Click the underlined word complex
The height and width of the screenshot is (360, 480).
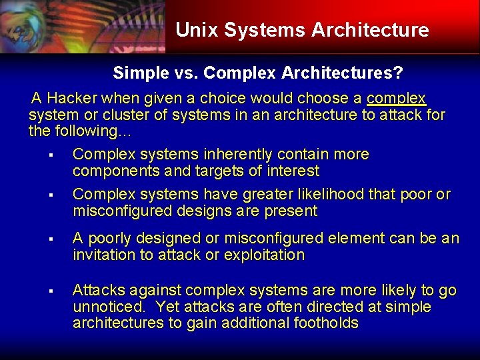point(396,98)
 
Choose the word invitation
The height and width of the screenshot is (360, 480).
point(103,255)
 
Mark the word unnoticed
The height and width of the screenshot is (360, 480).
point(109,307)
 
